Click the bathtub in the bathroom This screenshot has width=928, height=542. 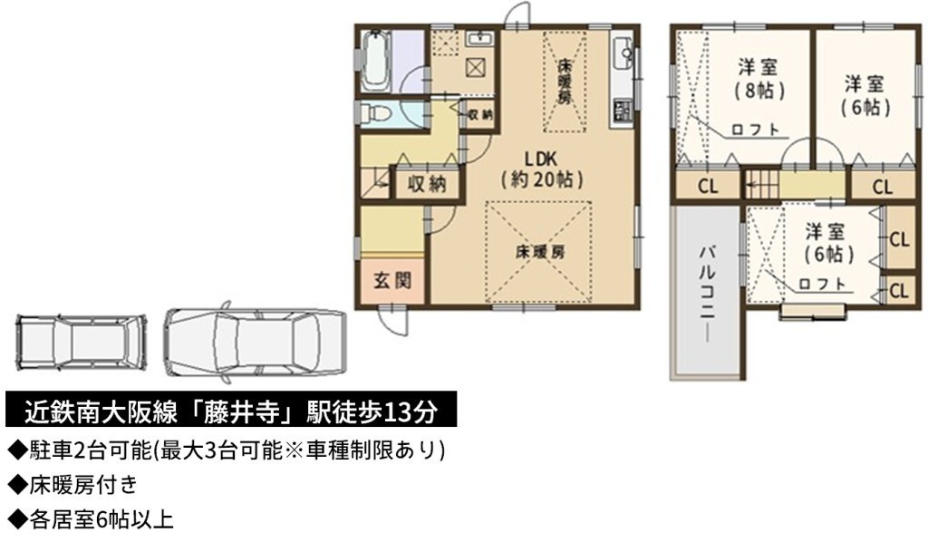pyautogui.click(x=375, y=61)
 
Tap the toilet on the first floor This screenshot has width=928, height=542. pyautogui.click(x=376, y=112)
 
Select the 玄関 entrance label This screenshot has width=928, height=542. pyautogui.click(x=392, y=280)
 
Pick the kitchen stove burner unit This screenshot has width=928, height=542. pyautogui.click(x=623, y=110)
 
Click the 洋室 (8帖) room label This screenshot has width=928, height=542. pyautogui.click(x=759, y=78)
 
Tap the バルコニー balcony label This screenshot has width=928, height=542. pyautogui.click(x=706, y=292)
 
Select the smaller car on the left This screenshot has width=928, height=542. pyautogui.click(x=81, y=341)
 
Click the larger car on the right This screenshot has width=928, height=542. pyautogui.click(x=254, y=342)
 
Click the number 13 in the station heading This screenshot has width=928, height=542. pyautogui.click(x=398, y=411)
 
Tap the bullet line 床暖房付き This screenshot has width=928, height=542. pyautogui.click(x=72, y=485)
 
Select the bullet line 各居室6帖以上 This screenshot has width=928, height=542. pyautogui.click(x=90, y=520)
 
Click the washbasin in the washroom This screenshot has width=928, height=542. pyautogui.click(x=480, y=38)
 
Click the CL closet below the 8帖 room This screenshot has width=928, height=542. pyautogui.click(x=707, y=186)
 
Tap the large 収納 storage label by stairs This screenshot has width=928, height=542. pyautogui.click(x=427, y=184)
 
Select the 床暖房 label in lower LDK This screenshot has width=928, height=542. pyautogui.click(x=539, y=253)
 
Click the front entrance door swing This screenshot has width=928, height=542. pyautogui.click(x=393, y=320)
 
